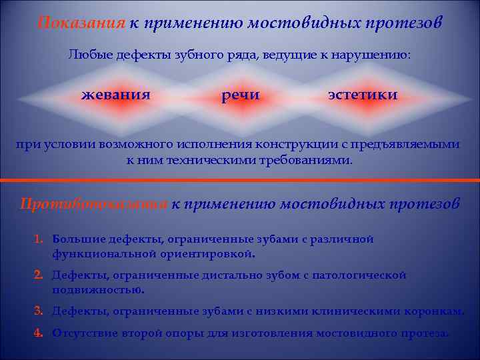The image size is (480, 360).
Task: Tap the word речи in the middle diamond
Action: (241, 96)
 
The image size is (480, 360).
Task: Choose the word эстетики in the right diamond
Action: (363, 95)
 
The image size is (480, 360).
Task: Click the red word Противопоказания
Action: (93, 204)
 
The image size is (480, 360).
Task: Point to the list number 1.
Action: (39, 239)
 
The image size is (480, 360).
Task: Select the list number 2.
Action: (39, 275)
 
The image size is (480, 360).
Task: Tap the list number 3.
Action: (39, 310)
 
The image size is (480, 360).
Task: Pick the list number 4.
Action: (39, 333)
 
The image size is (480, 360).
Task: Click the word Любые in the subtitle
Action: (88, 55)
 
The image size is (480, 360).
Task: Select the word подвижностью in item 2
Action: (98, 290)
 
